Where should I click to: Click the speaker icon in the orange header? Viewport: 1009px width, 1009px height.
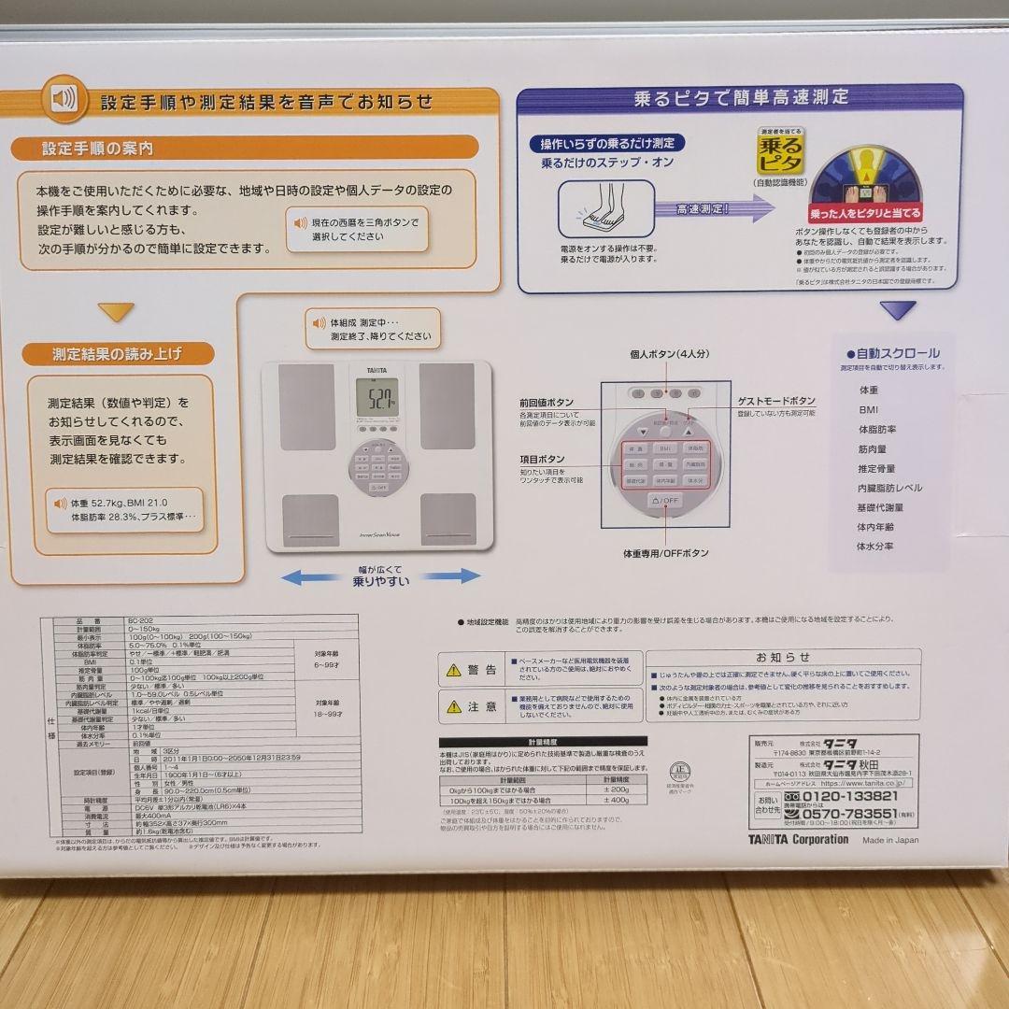(64, 99)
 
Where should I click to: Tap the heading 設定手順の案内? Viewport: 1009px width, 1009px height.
(97, 149)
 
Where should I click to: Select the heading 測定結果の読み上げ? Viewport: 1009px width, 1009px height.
(117, 354)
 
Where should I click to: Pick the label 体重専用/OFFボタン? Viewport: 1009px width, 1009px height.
(666, 553)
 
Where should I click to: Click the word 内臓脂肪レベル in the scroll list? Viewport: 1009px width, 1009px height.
(889, 488)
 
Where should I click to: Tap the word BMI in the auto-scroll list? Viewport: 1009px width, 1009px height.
(869, 409)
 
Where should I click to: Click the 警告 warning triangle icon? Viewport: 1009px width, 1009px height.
(453, 670)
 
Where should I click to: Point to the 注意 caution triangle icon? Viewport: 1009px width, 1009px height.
(453, 707)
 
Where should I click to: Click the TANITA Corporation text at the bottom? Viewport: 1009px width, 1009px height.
(798, 839)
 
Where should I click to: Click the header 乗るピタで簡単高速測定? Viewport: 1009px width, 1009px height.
(741, 97)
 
